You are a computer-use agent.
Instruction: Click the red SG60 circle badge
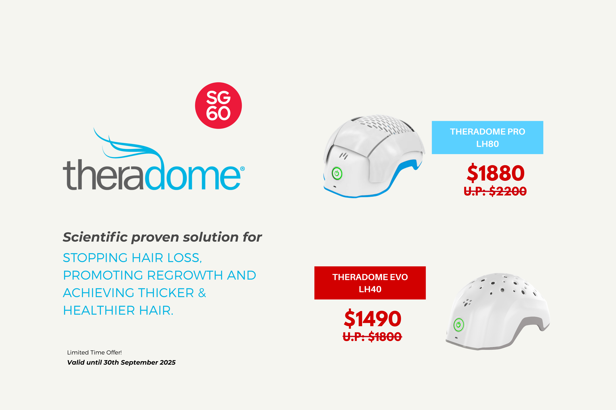point(218,106)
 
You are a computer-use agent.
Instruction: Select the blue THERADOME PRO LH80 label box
point(488,137)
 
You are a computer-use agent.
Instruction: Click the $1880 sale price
point(496,173)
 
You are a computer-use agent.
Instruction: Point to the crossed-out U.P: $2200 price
point(495,191)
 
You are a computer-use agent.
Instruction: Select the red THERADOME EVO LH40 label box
point(370,283)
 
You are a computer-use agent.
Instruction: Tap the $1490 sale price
point(372,319)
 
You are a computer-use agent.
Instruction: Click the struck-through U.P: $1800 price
point(372,336)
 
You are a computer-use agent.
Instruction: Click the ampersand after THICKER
point(202,293)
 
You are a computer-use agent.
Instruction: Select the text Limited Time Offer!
point(94,352)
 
